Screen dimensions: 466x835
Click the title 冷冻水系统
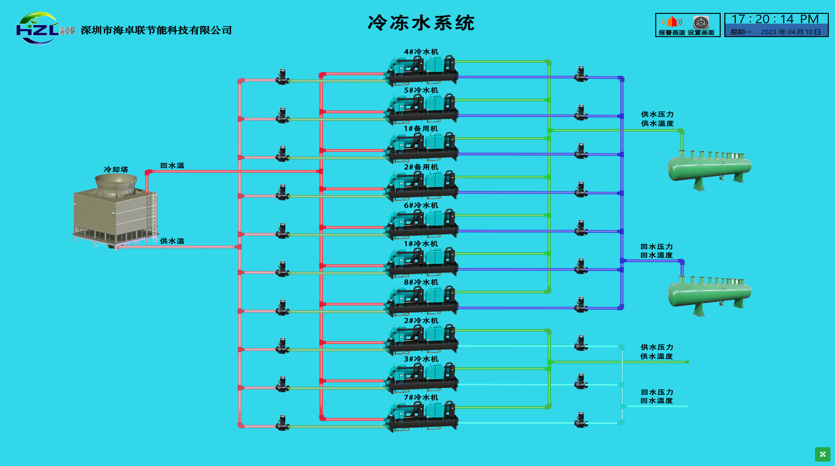[x=421, y=23]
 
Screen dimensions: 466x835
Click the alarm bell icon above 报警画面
[x=672, y=22]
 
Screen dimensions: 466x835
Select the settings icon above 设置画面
[x=701, y=22]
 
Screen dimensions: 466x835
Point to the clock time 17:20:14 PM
[x=775, y=19]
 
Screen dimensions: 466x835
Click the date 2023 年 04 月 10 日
[x=790, y=32]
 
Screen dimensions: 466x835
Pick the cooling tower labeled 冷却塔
[x=115, y=210]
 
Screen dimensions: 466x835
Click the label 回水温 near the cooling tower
[x=172, y=165]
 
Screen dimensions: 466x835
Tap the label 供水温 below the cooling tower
[x=172, y=241]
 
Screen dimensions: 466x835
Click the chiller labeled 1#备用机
[x=422, y=147]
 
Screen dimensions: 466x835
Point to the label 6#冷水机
[x=421, y=205]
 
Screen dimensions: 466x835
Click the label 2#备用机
[x=421, y=167]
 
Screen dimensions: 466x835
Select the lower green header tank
[x=709, y=294]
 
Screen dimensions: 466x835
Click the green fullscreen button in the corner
[x=822, y=454]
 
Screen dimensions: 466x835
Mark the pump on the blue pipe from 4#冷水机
[x=581, y=74]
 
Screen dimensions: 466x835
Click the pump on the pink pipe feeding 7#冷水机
[x=282, y=423]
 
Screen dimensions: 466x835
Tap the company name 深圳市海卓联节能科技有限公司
[x=156, y=30]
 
